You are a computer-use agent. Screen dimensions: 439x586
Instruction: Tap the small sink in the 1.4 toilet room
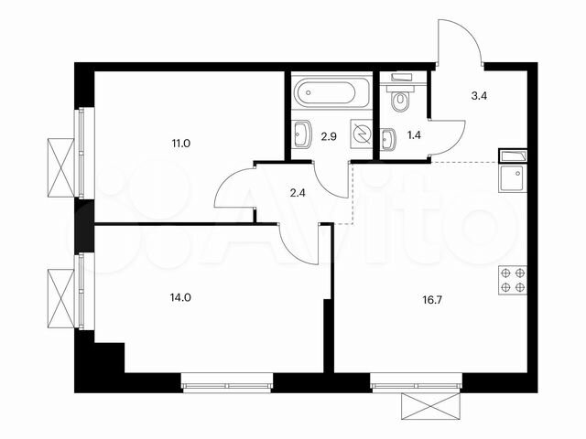pos(387,138)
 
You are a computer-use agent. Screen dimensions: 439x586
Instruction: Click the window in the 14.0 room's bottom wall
pos(227,383)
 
